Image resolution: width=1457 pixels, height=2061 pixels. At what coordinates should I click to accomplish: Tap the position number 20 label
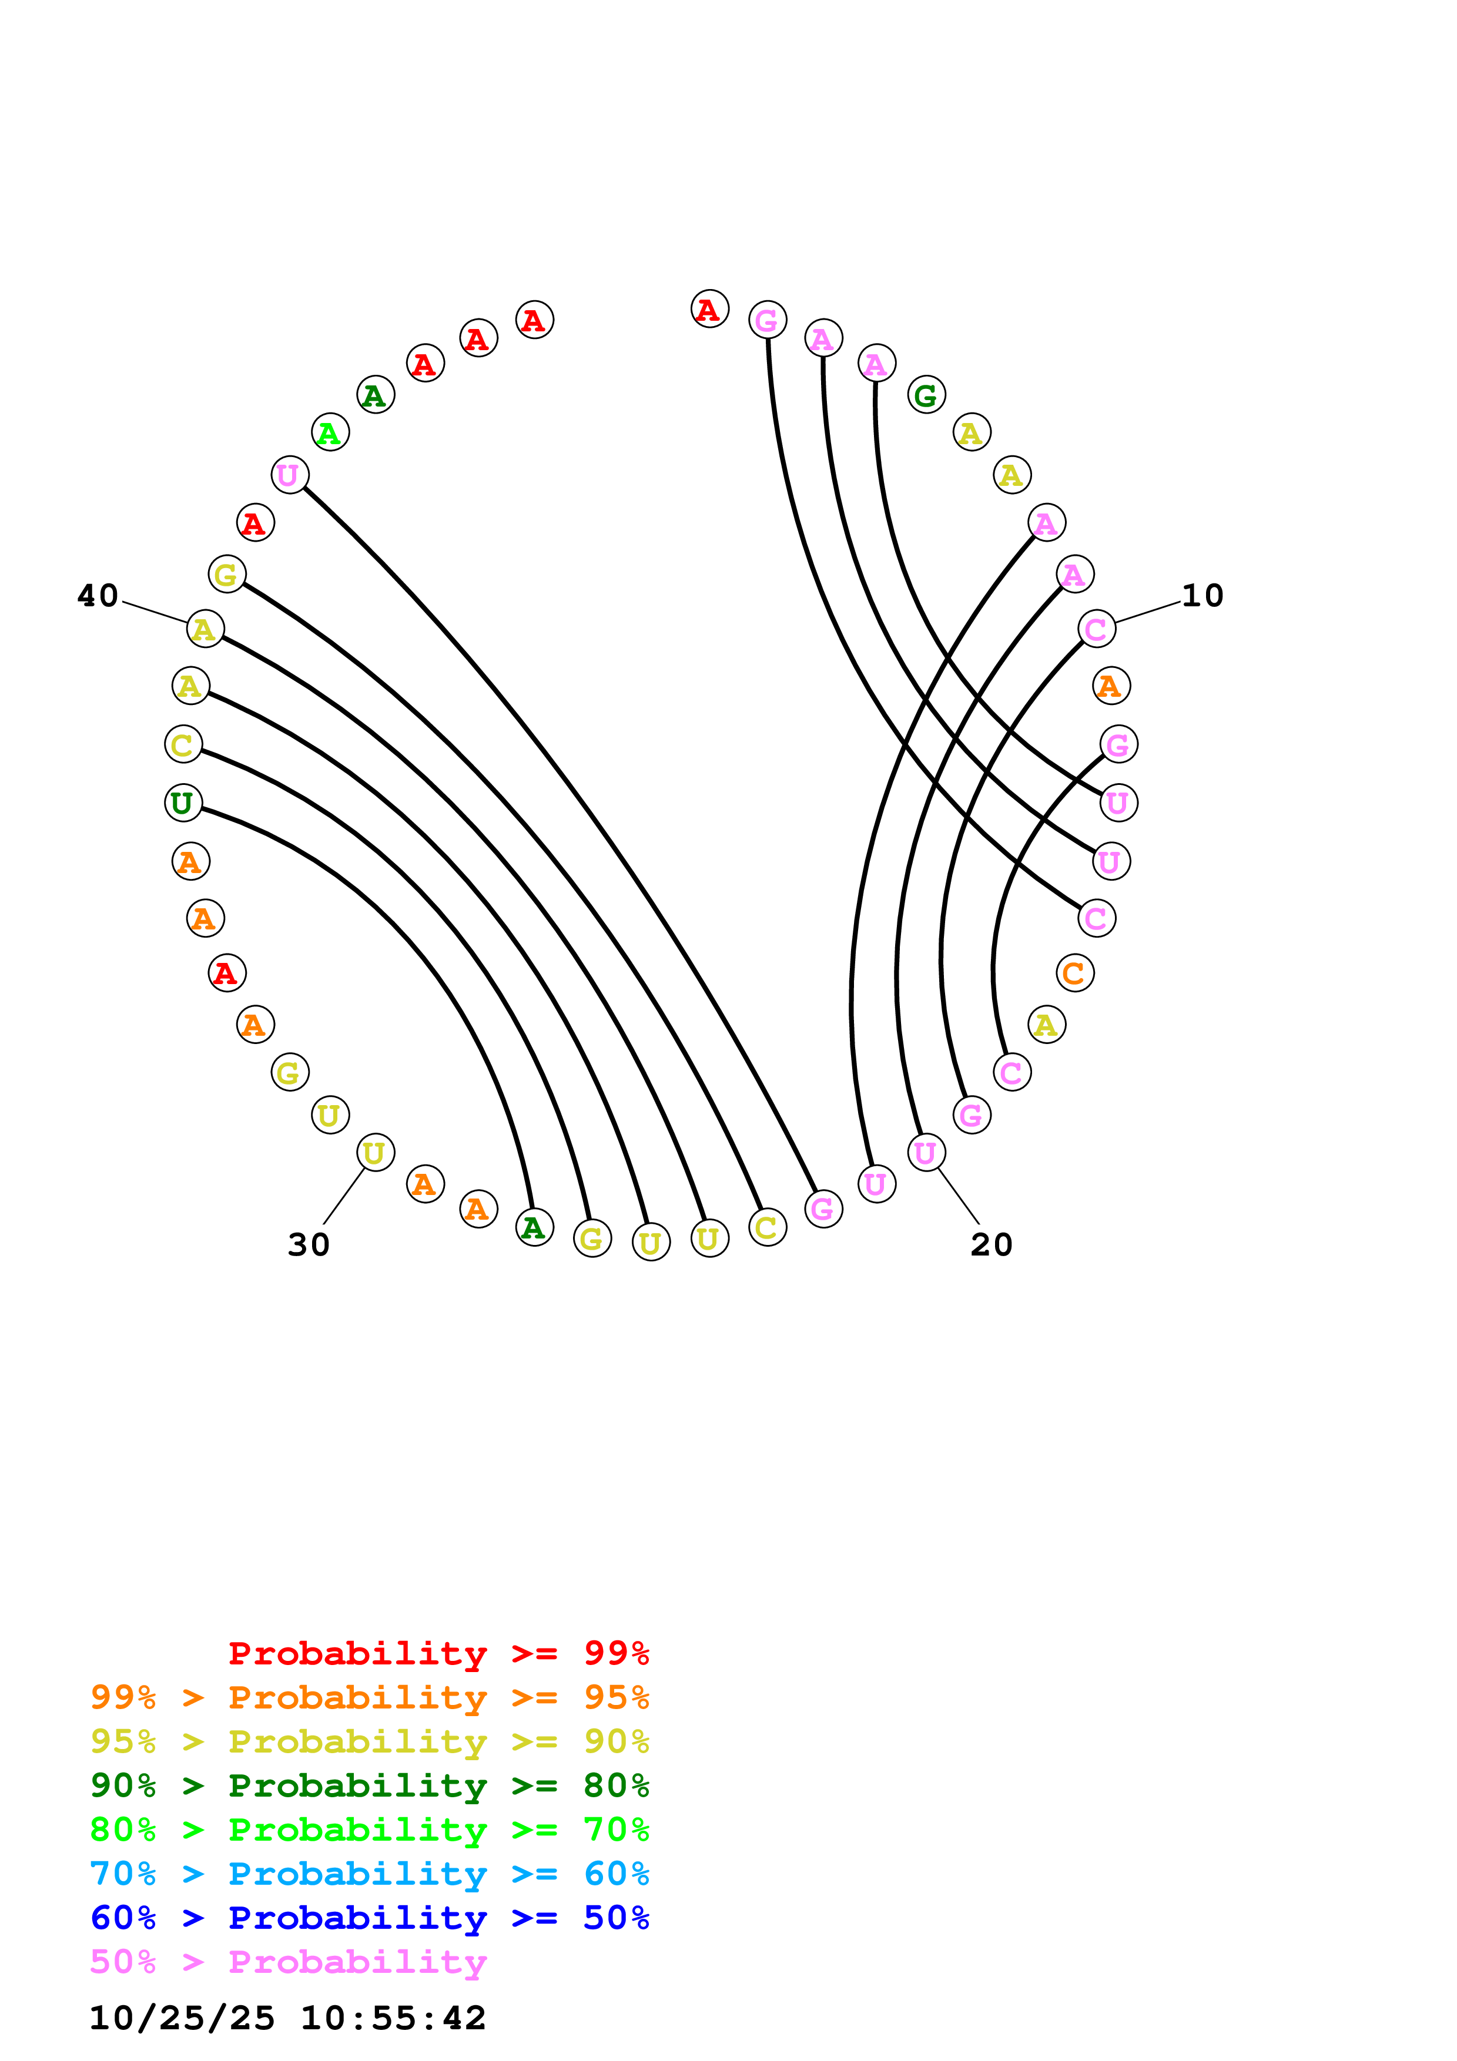coord(991,1244)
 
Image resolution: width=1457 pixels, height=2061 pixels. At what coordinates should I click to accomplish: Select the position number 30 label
coord(309,1244)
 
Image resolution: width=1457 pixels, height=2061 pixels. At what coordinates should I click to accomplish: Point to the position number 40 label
coord(98,595)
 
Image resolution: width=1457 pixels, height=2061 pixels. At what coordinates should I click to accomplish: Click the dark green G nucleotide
coord(926,395)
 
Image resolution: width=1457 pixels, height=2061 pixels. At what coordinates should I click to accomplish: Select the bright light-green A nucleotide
coord(330,432)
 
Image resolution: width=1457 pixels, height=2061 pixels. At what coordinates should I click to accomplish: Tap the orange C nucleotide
coord(1074,973)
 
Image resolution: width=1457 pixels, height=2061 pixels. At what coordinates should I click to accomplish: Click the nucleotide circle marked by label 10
coord(1096,629)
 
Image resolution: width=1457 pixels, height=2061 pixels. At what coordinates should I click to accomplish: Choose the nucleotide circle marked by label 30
coord(375,1153)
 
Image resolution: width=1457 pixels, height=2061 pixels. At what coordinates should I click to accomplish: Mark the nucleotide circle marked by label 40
coord(205,629)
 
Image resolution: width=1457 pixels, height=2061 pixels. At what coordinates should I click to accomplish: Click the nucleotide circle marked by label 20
coord(926,1153)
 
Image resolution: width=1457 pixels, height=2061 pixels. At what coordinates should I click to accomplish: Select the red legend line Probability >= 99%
coord(438,1653)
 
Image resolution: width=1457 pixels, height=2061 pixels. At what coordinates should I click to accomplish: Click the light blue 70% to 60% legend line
coord(369,1874)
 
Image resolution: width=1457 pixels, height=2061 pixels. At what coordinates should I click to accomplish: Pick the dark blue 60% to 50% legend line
coord(369,1918)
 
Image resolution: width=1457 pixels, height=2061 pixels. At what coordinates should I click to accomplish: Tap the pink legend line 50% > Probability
coord(288,1961)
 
